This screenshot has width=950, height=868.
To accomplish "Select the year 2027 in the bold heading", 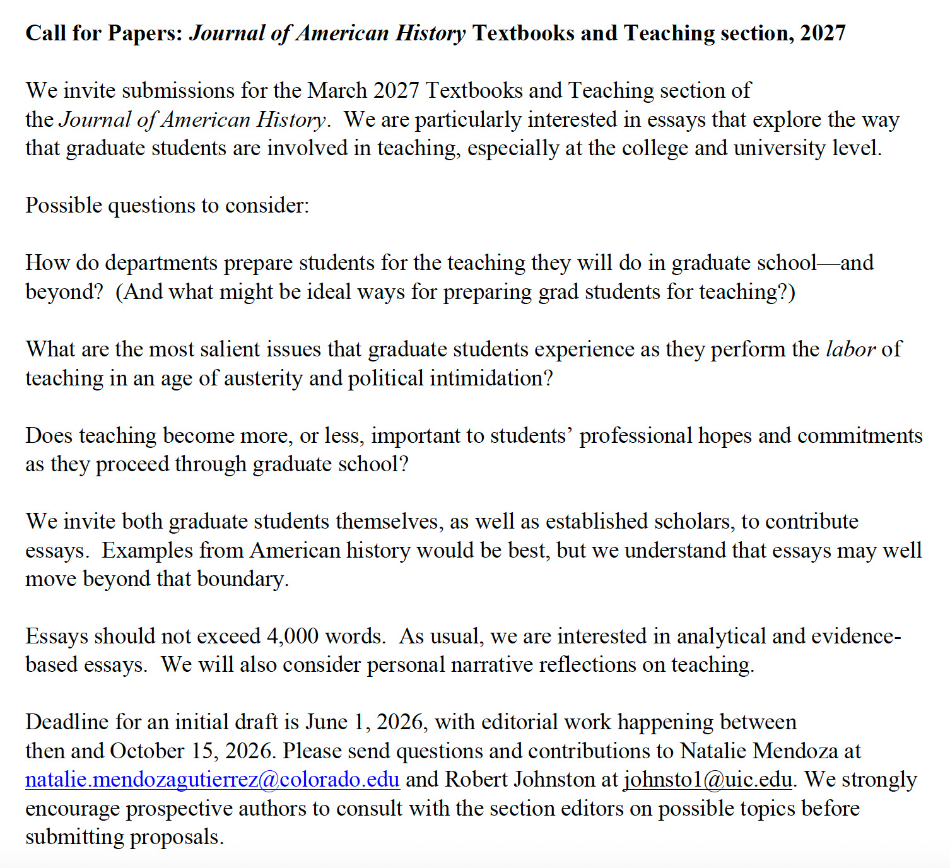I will tap(823, 33).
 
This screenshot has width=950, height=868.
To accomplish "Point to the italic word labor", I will tap(850, 349).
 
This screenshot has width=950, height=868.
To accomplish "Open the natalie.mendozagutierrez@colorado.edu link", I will tap(213, 780).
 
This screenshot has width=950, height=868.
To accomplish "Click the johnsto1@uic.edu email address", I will tap(708, 780).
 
